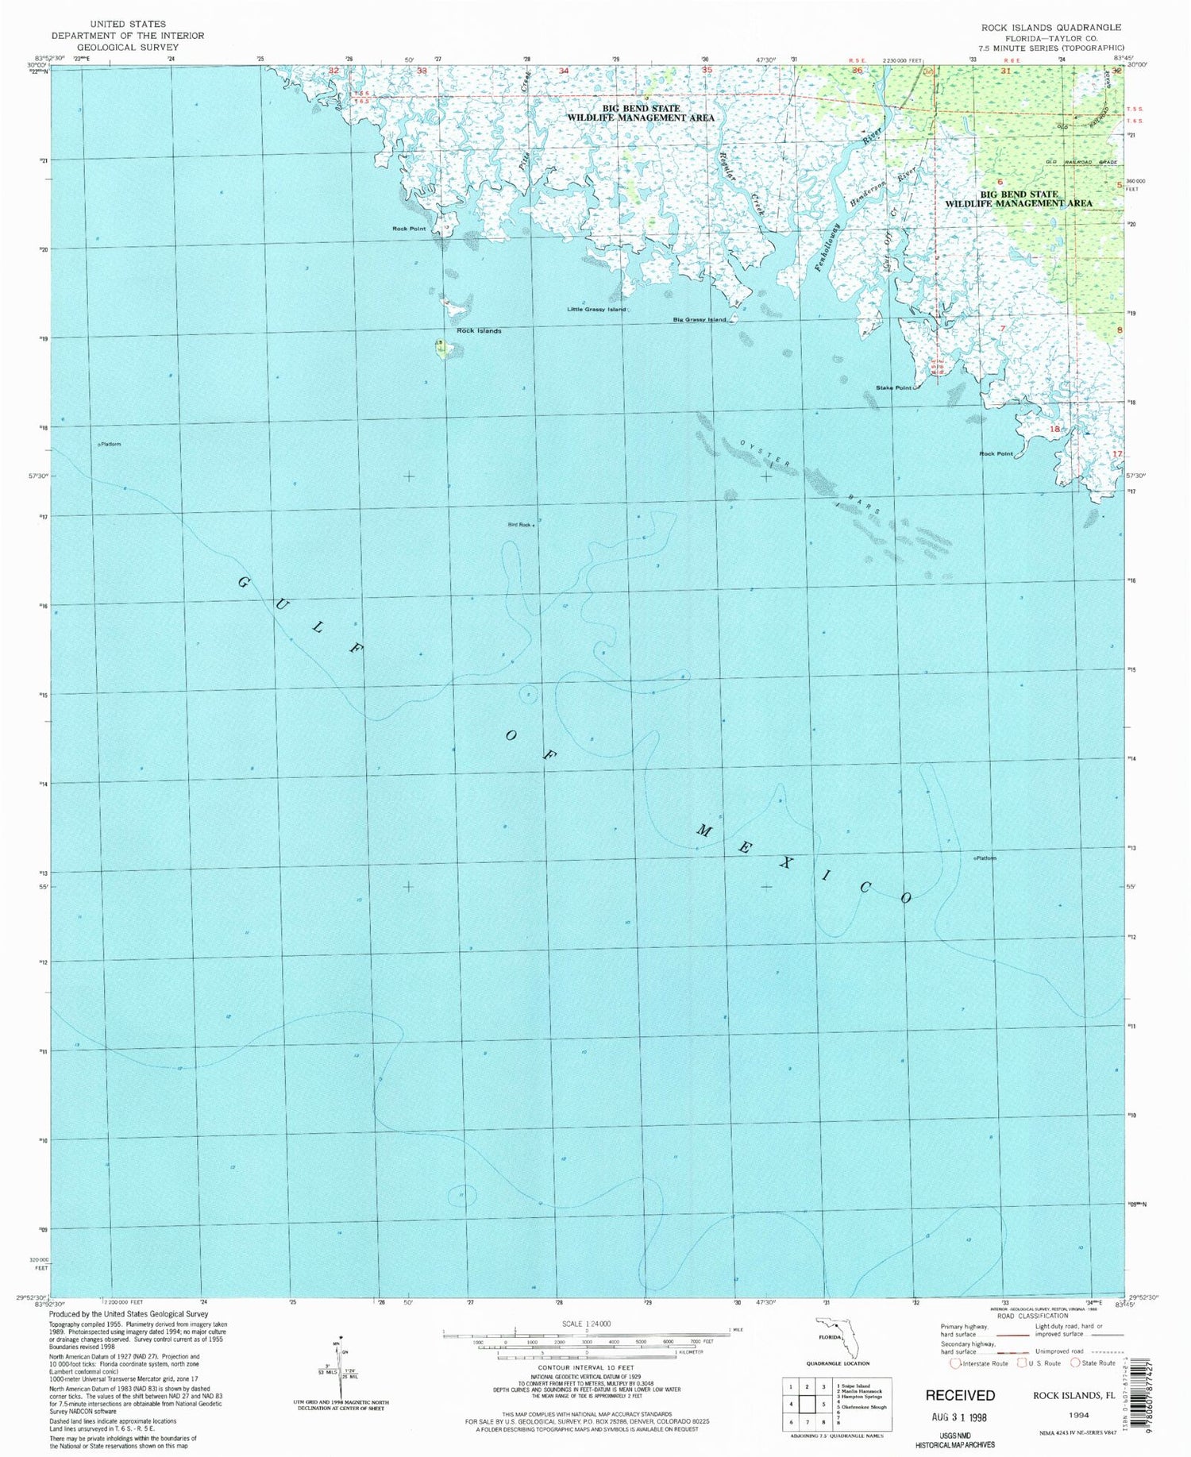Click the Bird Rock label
click(x=518, y=524)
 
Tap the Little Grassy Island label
click(x=596, y=309)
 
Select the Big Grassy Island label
click(x=699, y=319)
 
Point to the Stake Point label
click(x=893, y=387)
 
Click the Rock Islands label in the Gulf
click(x=479, y=330)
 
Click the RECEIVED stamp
click(x=959, y=1395)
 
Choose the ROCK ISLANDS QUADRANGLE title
click(x=1051, y=27)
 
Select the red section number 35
click(x=707, y=70)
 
